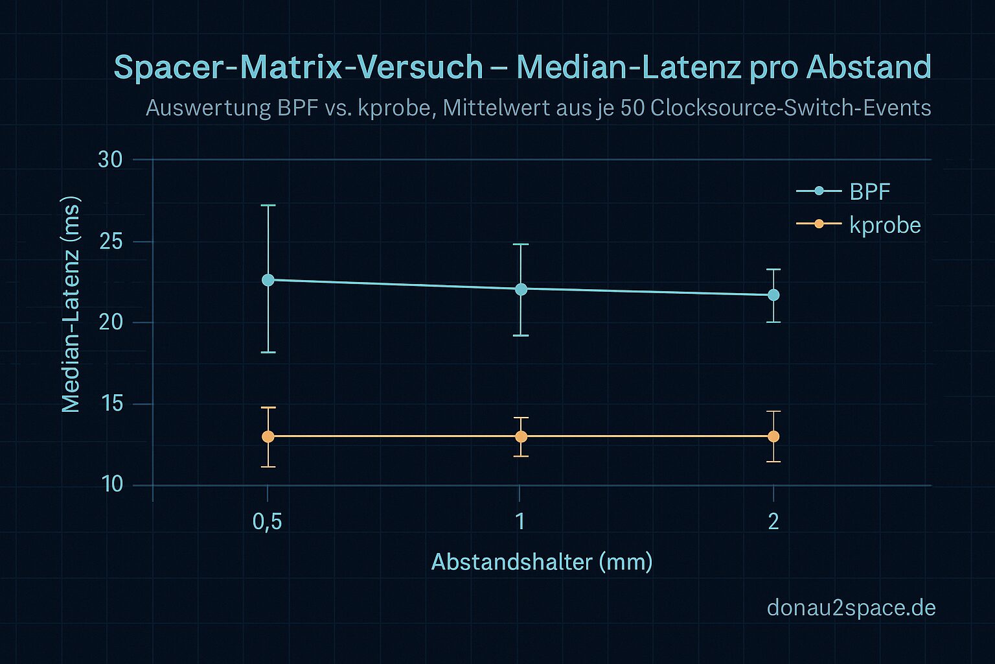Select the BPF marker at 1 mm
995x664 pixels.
tap(521, 289)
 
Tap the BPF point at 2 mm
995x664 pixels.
tap(773, 295)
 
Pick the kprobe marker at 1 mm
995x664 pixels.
tap(521, 436)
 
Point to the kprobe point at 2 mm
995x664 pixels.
tap(773, 436)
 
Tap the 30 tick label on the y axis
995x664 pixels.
tap(110, 160)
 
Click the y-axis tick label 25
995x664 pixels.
tap(110, 241)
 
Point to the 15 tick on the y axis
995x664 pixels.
tap(110, 404)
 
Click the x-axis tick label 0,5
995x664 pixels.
tap(267, 521)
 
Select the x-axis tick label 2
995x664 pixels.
tap(773, 521)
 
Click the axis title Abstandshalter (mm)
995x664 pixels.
tap(542, 562)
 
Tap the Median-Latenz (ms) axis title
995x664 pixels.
tap(71, 303)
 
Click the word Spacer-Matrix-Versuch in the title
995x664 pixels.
tap(299, 67)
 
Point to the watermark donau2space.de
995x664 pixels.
tap(851, 608)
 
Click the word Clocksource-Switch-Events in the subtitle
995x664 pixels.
tap(790, 108)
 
